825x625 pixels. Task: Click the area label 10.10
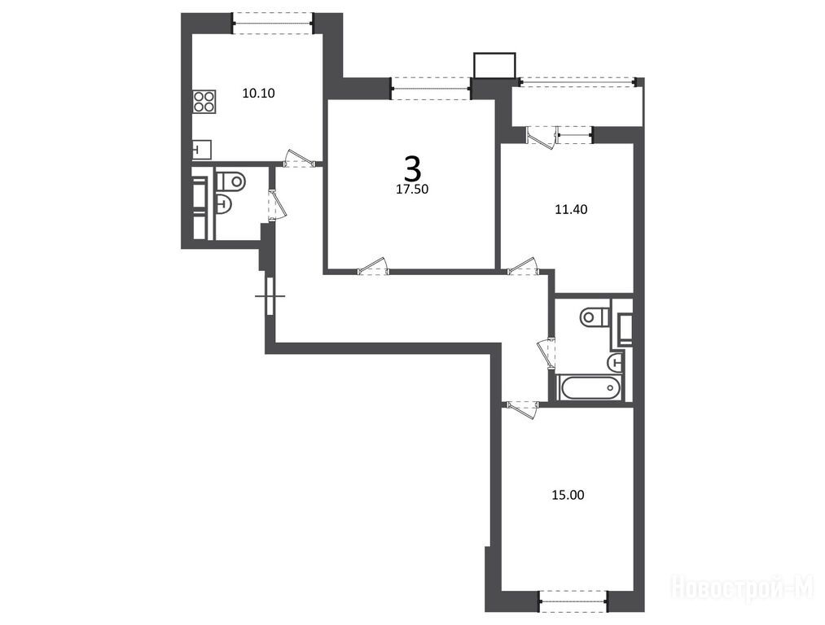[258, 94]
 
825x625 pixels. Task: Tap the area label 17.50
[412, 190]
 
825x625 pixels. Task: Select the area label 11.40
[571, 209]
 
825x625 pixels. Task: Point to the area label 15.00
[568, 495]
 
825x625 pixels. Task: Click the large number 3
[413, 168]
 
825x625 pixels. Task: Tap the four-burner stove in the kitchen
[204, 102]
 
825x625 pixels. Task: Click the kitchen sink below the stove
[201, 150]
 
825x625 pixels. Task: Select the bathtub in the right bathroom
[590, 387]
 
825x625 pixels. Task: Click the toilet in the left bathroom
[231, 181]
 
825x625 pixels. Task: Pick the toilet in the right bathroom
[595, 317]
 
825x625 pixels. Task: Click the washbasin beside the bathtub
[615, 361]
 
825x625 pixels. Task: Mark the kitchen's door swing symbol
[298, 159]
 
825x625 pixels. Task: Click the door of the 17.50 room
[372, 266]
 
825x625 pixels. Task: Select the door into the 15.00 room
[521, 409]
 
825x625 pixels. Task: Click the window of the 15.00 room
[573, 601]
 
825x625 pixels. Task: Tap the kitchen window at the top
[273, 23]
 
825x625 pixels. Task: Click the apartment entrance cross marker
[270, 296]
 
